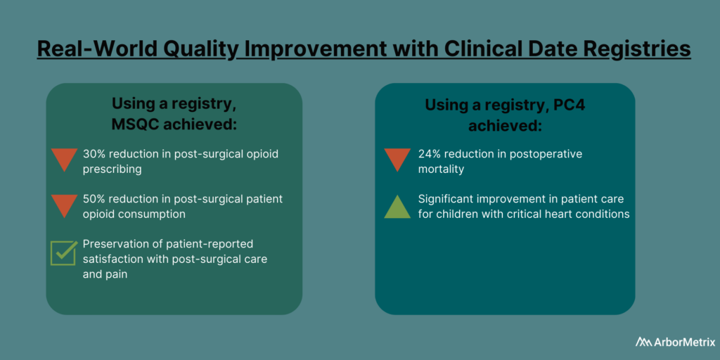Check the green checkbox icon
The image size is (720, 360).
tap(63, 252)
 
